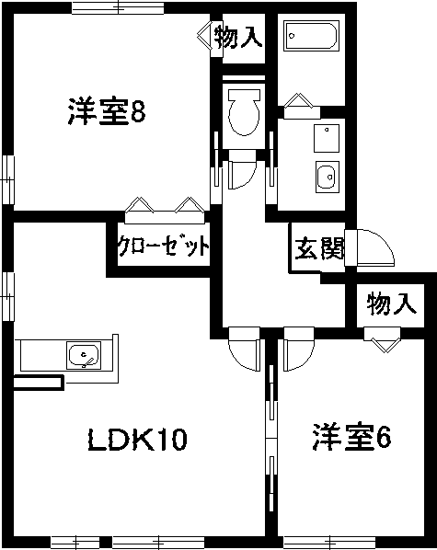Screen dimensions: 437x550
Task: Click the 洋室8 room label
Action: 107,111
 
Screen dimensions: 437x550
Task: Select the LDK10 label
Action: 137,440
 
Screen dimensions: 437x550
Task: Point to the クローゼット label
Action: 163,246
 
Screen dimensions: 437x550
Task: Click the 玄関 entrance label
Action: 318,248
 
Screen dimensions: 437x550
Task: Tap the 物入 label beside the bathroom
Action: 238,36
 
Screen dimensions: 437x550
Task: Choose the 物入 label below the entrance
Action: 392,304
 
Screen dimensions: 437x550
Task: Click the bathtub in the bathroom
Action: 311,36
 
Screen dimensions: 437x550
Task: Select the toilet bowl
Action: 244,112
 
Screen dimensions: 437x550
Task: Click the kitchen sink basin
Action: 84,355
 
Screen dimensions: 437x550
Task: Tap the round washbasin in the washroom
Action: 328,177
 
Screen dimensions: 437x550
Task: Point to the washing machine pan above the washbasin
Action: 327,138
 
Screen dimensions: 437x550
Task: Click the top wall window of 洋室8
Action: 118,7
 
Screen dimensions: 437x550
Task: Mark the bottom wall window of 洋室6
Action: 329,542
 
